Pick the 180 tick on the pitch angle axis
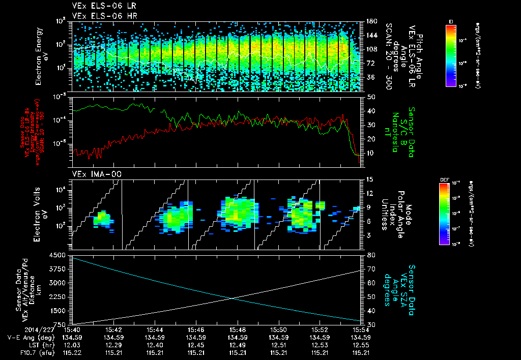(370, 21)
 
